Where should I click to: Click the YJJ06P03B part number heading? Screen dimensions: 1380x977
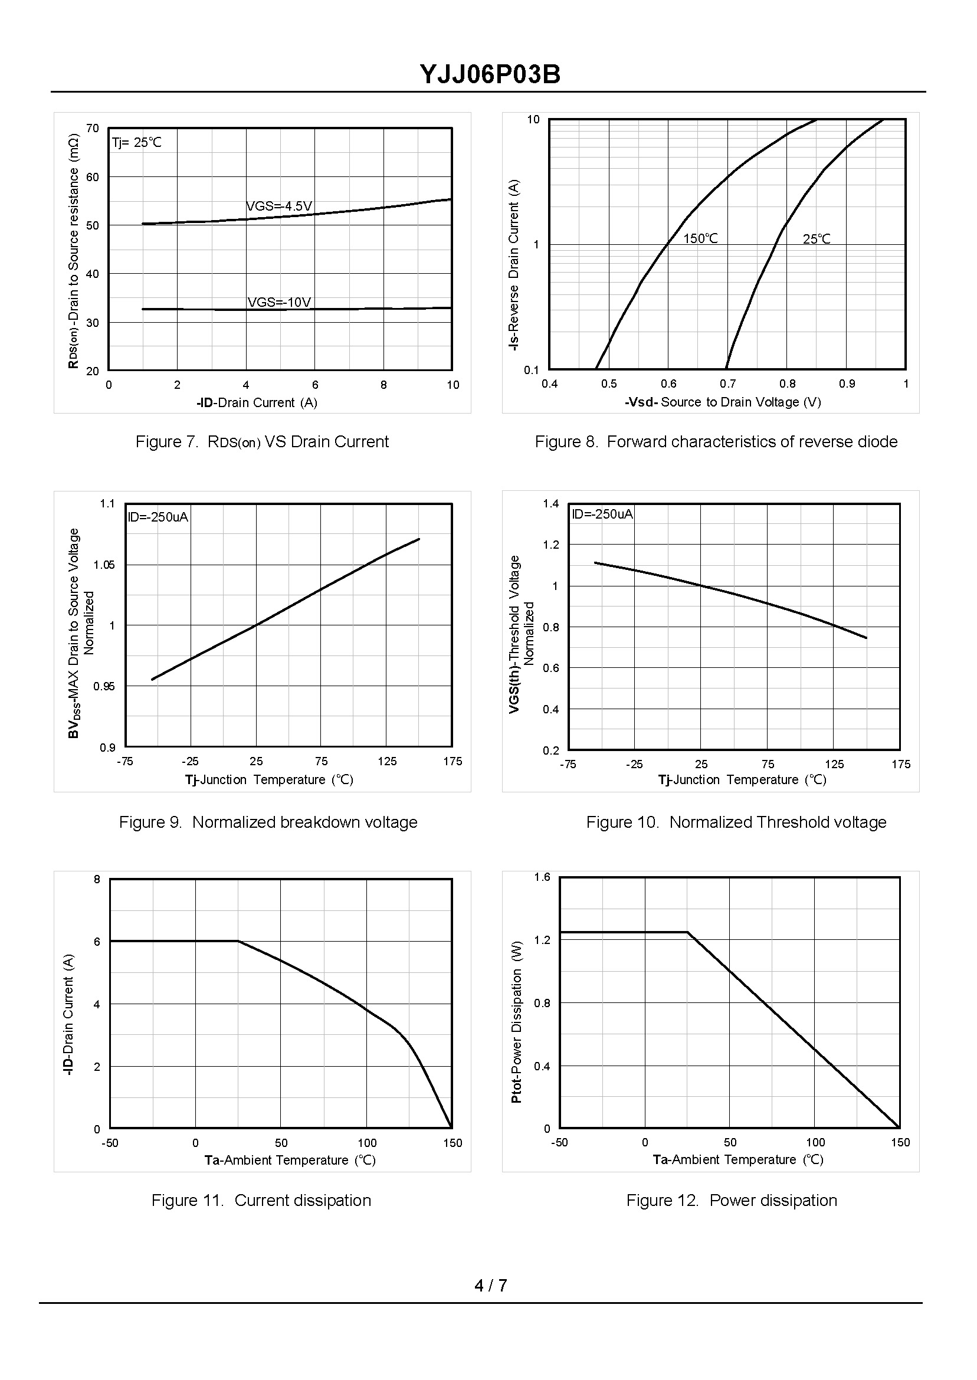coord(490,75)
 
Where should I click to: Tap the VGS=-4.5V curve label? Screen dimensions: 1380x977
coord(279,206)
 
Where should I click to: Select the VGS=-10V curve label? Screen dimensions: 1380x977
coord(279,302)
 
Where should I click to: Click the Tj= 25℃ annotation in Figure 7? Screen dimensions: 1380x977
coord(136,143)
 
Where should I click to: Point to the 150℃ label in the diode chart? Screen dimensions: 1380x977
coord(700,239)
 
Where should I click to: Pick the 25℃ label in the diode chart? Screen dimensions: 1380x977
coord(817,239)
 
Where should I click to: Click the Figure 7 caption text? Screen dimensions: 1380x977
coord(262,441)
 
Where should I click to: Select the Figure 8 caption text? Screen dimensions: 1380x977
coord(716,441)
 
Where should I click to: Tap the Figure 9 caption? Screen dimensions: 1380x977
coord(268,822)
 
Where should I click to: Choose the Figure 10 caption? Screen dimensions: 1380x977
coord(736,822)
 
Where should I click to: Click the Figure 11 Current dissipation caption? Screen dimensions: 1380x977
coord(261,1200)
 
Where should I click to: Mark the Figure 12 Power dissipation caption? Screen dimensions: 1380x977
coord(732,1200)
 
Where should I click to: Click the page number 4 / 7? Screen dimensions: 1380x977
coord(490,1286)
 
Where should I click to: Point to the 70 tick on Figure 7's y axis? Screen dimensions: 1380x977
coord(93,128)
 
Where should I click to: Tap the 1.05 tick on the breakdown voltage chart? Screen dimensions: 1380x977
coord(104,565)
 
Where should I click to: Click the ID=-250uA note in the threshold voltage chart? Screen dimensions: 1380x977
coord(602,514)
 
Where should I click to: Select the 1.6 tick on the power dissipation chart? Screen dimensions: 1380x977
coord(542,877)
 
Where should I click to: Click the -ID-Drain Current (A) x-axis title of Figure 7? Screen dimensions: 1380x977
coord(257,402)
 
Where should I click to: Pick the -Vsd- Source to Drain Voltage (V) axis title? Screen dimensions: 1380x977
coord(723,402)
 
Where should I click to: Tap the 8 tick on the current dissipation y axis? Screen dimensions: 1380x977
coord(97,880)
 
